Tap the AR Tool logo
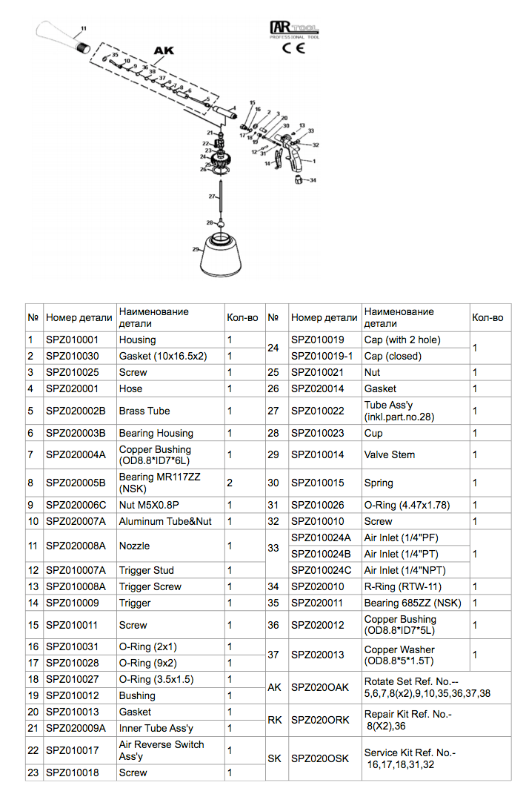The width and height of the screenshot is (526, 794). (x=294, y=30)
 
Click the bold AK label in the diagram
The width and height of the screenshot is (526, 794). (x=163, y=51)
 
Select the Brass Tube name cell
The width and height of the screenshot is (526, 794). (x=144, y=411)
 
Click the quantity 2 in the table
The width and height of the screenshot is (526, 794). (x=230, y=483)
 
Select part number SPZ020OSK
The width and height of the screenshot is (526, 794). (x=319, y=758)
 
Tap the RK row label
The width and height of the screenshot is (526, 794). (x=274, y=720)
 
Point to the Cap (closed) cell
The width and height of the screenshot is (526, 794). (x=392, y=356)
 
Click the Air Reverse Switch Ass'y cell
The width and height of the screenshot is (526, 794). (x=162, y=750)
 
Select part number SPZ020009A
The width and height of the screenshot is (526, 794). (x=76, y=728)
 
